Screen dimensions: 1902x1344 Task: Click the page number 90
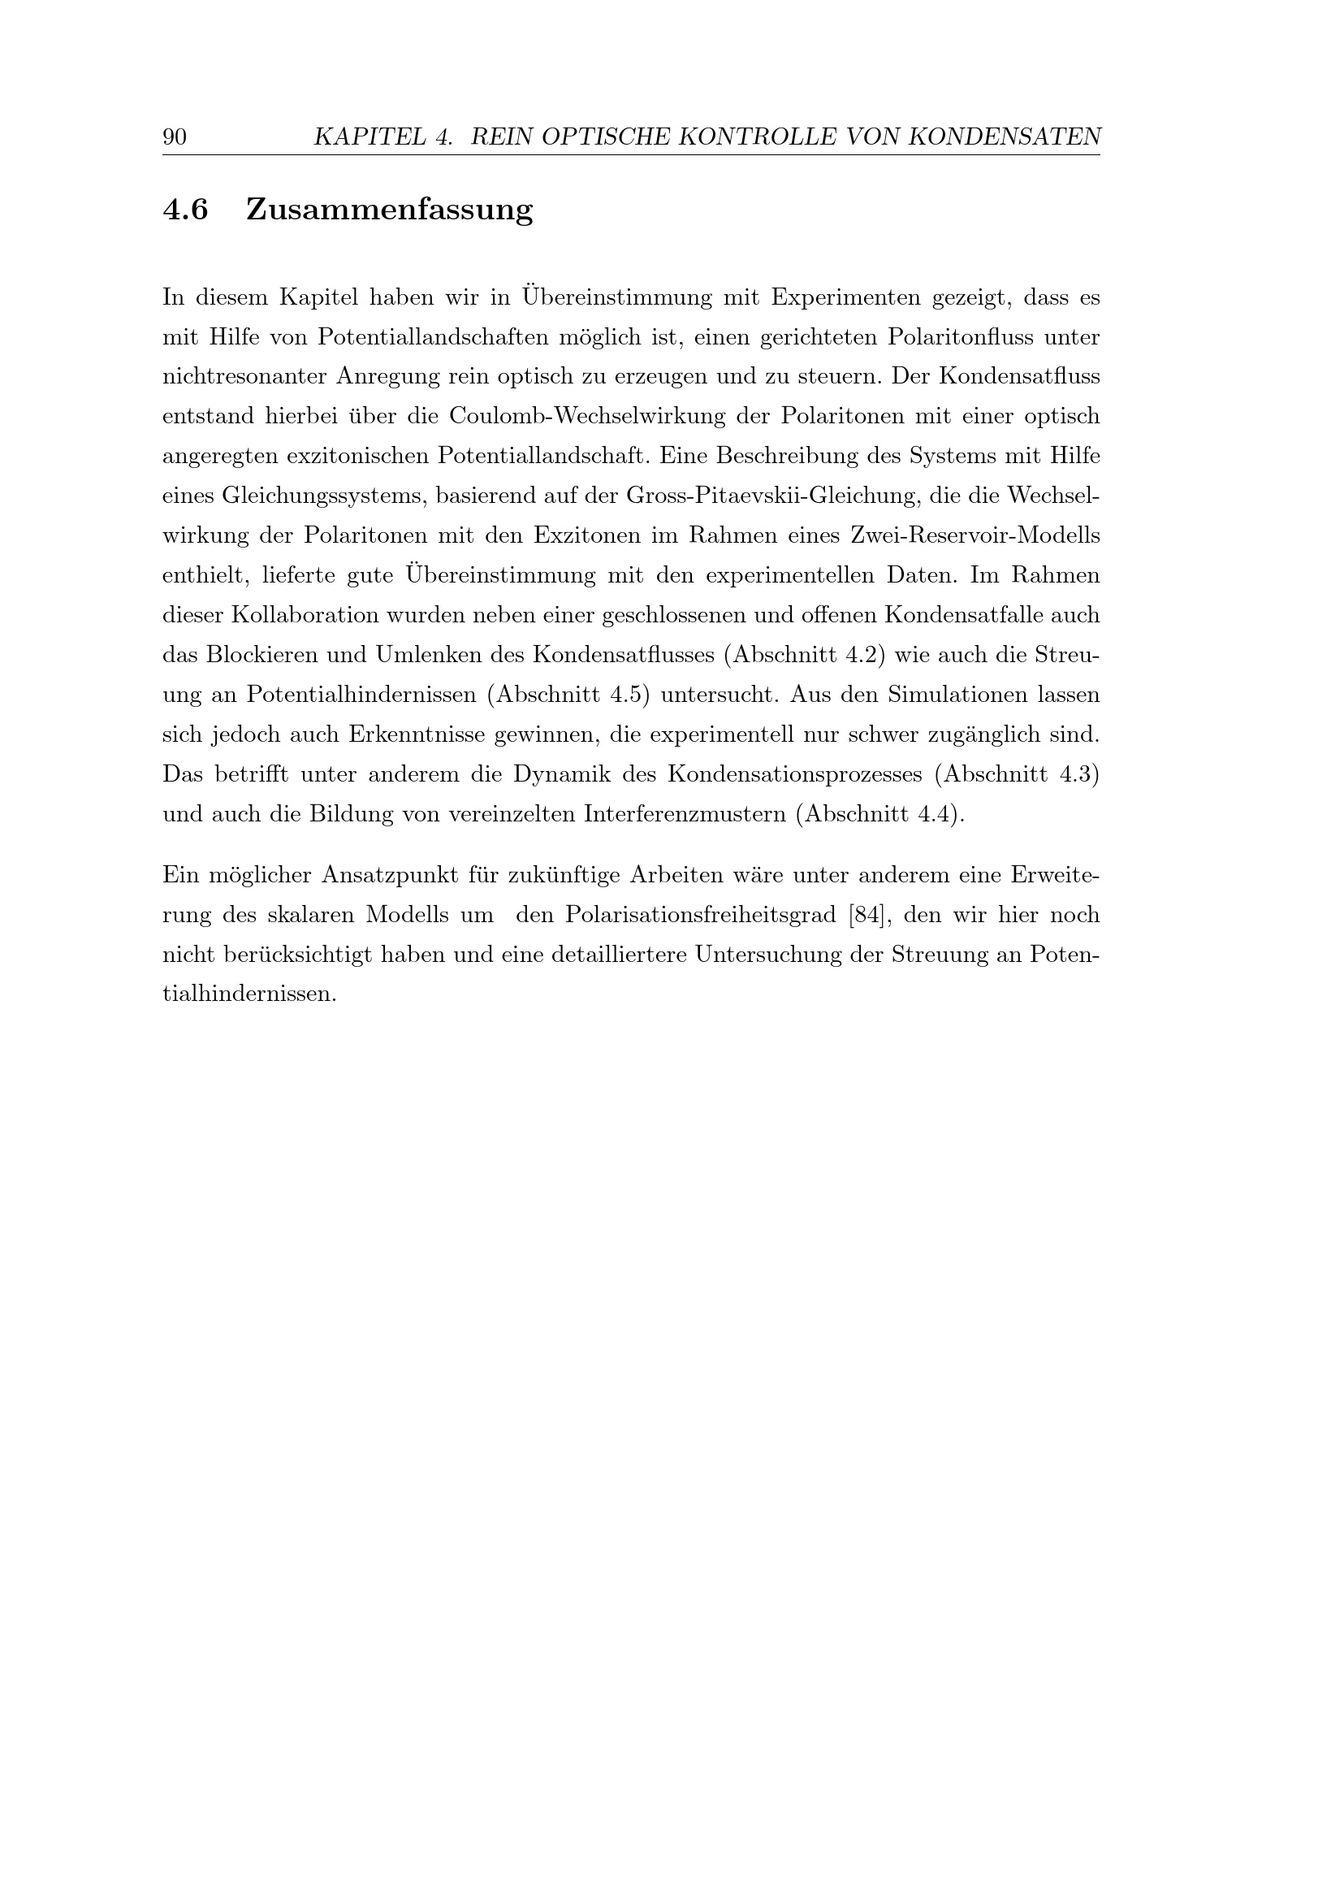(175, 136)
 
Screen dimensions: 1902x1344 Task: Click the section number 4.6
(185, 210)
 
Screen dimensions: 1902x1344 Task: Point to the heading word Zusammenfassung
(389, 210)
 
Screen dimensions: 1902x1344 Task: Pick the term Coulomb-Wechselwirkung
(587, 416)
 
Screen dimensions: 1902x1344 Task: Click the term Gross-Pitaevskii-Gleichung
(771, 496)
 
